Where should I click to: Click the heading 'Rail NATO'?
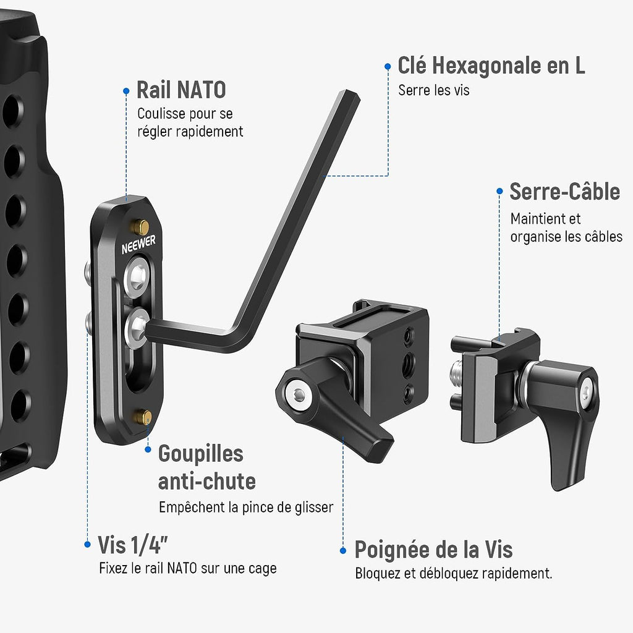[181, 90]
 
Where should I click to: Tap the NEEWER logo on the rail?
[138, 245]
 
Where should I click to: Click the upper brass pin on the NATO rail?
[141, 227]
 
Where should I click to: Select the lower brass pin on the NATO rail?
[143, 417]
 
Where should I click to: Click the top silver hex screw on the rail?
[138, 276]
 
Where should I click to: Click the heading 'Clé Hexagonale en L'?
[491, 66]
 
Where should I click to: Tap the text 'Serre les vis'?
[433, 90]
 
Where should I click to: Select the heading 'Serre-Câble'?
[565, 192]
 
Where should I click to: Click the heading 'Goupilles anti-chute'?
[206, 467]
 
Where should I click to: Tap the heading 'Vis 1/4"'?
[132, 545]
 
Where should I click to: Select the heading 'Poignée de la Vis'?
[433, 550]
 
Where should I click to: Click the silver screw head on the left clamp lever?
[298, 394]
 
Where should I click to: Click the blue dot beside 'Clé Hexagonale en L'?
[388, 66]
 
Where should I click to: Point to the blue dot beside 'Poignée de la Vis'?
[343, 551]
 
